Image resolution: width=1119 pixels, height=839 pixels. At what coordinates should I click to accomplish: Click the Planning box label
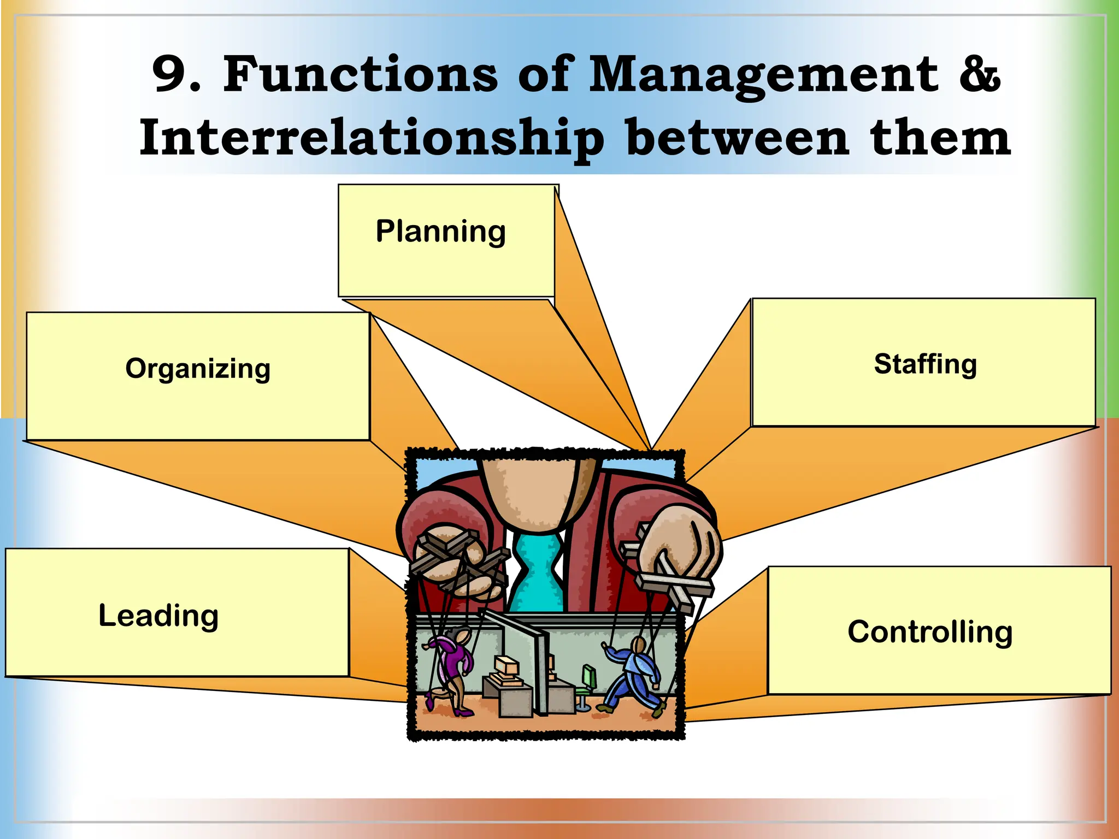(440, 232)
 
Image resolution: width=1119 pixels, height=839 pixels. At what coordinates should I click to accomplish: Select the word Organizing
(198, 369)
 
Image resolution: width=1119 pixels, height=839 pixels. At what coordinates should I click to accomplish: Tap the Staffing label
(925, 364)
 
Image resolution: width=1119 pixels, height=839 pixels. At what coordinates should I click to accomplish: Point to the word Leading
(158, 616)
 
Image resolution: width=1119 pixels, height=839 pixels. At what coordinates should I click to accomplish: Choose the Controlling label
(930, 632)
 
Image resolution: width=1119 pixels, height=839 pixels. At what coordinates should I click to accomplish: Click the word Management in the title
(764, 75)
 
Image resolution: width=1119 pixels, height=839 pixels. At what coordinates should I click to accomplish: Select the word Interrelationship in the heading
(372, 139)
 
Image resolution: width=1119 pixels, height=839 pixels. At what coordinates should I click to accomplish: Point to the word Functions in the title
(361, 74)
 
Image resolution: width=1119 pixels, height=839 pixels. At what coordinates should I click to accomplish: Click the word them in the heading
(940, 138)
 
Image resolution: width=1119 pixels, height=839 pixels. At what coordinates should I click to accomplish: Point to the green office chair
(587, 683)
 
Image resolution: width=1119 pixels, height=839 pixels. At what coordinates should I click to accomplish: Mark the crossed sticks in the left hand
(454, 557)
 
